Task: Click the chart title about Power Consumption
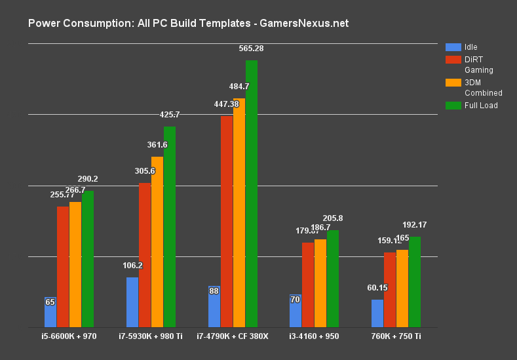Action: click(x=188, y=24)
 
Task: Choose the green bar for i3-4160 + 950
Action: click(x=333, y=278)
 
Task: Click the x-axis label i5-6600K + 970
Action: click(x=69, y=337)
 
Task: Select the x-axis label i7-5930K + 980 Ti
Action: click(x=151, y=337)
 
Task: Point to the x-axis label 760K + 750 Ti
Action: click(x=396, y=337)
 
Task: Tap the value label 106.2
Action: click(x=133, y=266)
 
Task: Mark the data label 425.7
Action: click(x=170, y=115)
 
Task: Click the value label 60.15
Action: click(x=378, y=288)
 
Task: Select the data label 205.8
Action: click(x=334, y=218)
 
